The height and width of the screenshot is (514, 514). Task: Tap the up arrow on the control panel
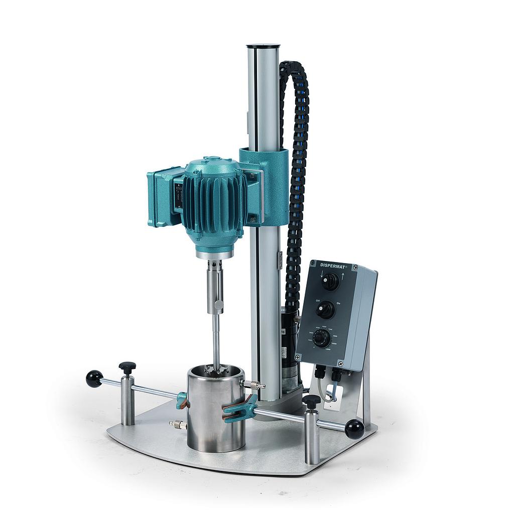[x=343, y=277]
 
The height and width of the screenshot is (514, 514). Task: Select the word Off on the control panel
[x=318, y=300]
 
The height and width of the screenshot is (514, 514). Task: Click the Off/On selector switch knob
[x=326, y=310]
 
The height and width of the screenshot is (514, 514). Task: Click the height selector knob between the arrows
[x=331, y=282]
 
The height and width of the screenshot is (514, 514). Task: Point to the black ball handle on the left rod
[x=94, y=378]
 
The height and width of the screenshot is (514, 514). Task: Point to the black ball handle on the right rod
[x=354, y=429]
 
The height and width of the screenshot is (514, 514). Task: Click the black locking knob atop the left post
[x=127, y=367]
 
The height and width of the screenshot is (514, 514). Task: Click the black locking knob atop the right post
[x=311, y=401]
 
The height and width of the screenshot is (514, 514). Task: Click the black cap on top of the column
[x=263, y=47]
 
